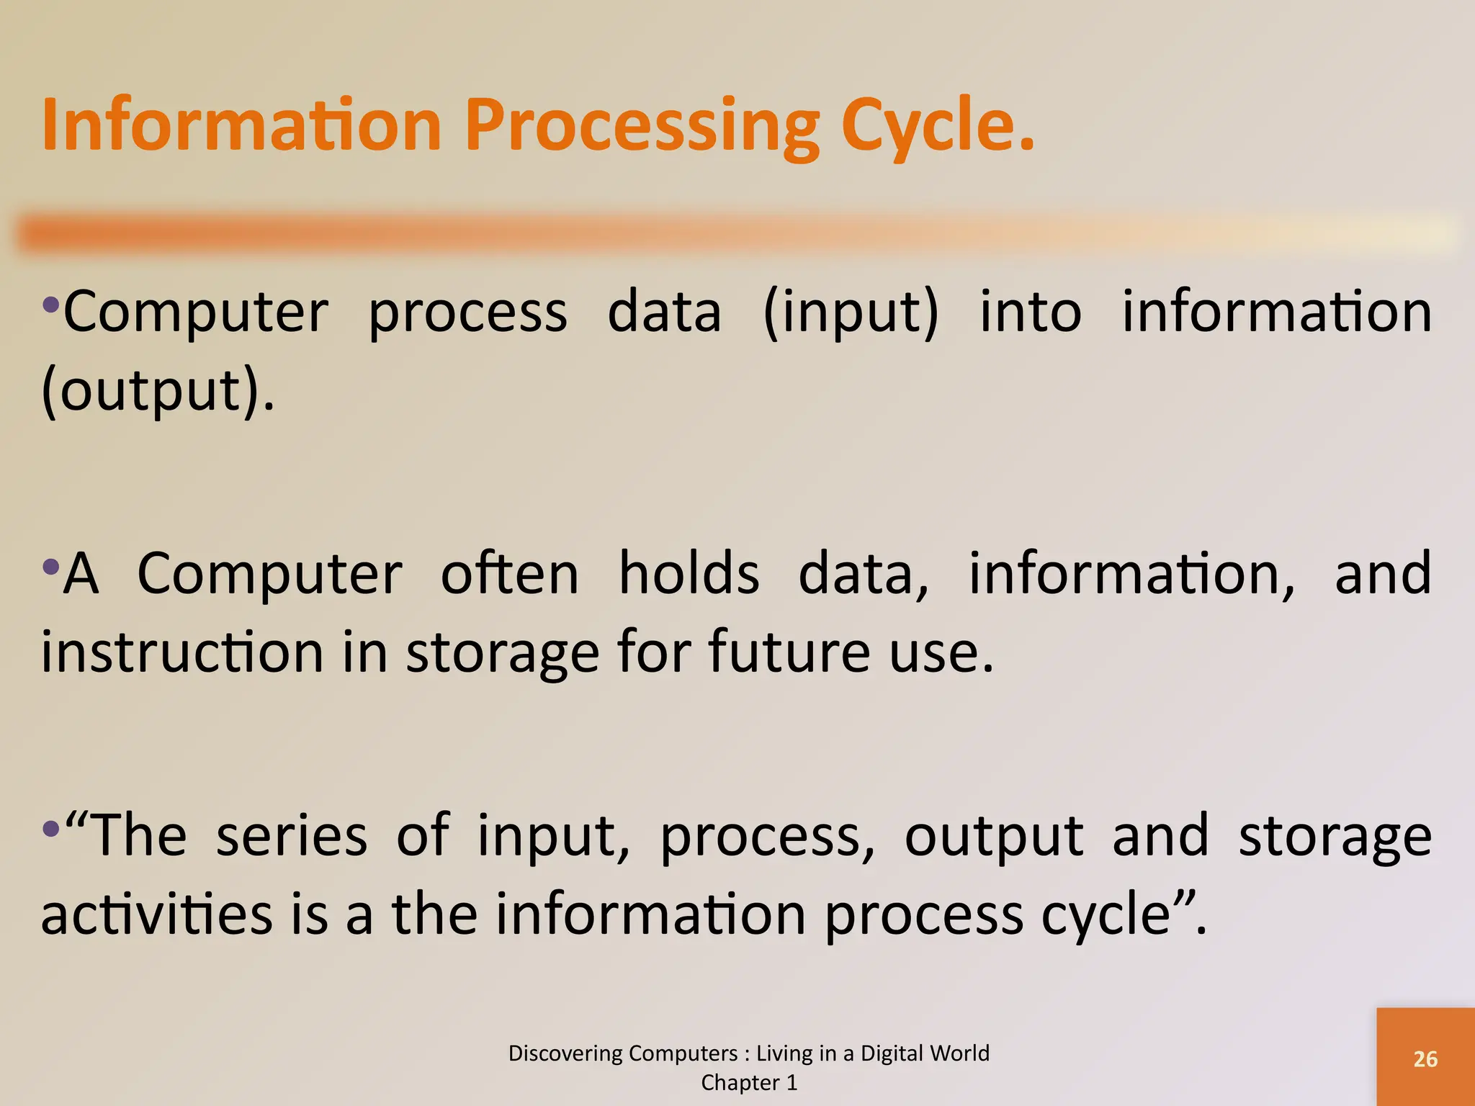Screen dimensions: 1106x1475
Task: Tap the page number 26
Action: (1425, 1059)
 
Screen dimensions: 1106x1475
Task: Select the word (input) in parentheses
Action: (851, 313)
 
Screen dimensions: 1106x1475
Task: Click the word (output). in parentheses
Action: (158, 391)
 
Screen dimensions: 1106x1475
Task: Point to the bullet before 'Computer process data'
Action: (50, 305)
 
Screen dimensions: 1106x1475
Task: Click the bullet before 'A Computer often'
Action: (50, 567)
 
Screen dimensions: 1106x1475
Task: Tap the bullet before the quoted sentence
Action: (50, 829)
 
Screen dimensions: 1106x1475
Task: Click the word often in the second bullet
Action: (509, 574)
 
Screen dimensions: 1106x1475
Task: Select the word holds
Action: (689, 574)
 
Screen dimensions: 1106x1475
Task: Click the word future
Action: (789, 652)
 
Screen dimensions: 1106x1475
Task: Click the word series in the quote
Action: (292, 836)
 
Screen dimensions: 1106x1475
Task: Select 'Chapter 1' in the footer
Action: (749, 1083)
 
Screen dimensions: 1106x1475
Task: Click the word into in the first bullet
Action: (1030, 313)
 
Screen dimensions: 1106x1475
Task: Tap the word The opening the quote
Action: (140, 836)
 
